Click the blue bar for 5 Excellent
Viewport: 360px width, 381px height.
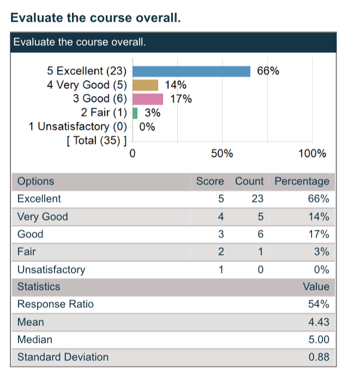click(x=191, y=71)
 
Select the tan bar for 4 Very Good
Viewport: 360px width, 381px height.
click(x=146, y=85)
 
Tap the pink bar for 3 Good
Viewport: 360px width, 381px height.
click(x=148, y=99)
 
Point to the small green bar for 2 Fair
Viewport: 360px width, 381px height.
click(x=135, y=113)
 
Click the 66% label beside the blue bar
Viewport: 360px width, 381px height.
click(x=268, y=71)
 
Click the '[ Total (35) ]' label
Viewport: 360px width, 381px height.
click(x=96, y=141)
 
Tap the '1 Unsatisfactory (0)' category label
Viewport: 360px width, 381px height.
click(x=77, y=127)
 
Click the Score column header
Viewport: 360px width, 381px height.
click(x=210, y=181)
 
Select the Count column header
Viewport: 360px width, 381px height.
click(x=249, y=181)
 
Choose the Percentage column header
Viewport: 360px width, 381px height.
click(x=302, y=181)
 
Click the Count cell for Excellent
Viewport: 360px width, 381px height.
click(x=257, y=199)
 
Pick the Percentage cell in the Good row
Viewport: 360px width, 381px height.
click(x=319, y=234)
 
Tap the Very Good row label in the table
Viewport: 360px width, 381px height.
click(x=43, y=217)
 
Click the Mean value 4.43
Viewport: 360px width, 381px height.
click(x=319, y=322)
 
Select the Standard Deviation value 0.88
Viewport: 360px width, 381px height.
click(x=319, y=358)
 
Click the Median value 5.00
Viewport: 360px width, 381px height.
click(x=319, y=340)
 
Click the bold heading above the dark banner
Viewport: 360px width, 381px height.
click(x=95, y=18)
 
